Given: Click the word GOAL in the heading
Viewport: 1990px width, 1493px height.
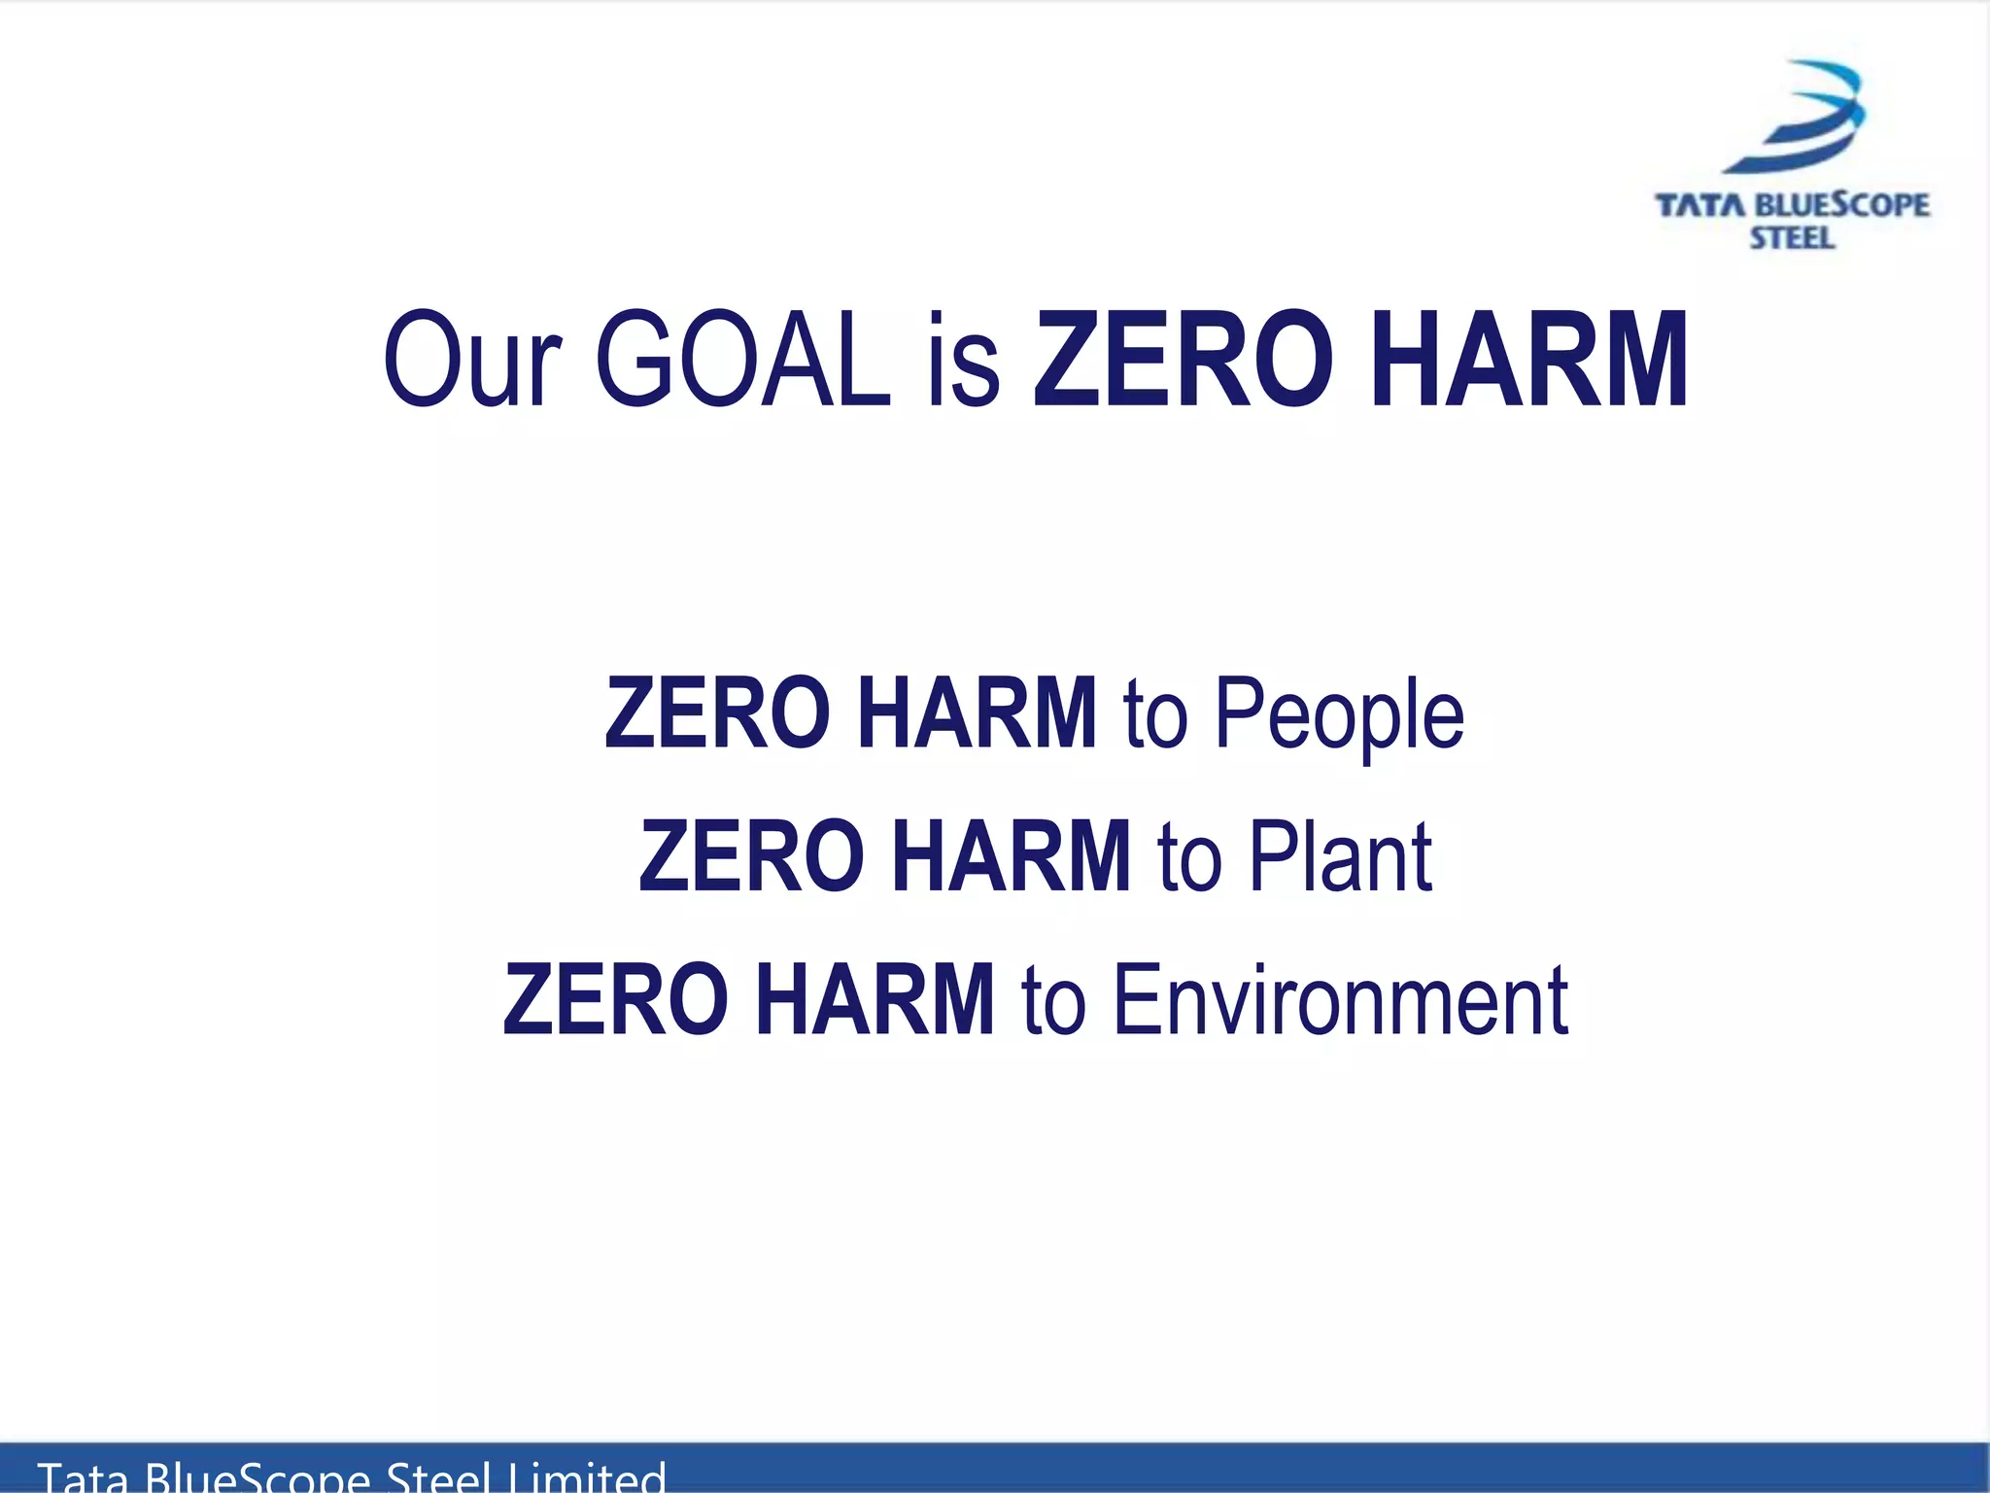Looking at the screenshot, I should pyautogui.click(x=742, y=360).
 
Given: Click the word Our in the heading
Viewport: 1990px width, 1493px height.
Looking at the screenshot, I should pyautogui.click(x=473, y=360).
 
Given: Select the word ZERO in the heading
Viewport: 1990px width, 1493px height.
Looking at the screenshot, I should pyautogui.click(x=1183, y=360).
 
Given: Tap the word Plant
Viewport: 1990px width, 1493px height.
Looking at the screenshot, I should pyautogui.click(x=1340, y=856).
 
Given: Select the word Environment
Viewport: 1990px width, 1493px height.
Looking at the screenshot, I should pyautogui.click(x=1340, y=999).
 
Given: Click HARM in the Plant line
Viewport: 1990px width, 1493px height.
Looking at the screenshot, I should pyautogui.click(x=1011, y=856).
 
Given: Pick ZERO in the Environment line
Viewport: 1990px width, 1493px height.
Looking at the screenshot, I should pyautogui.click(x=615, y=999).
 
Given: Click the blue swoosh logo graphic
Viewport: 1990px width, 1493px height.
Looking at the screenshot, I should pyautogui.click(x=1799, y=117).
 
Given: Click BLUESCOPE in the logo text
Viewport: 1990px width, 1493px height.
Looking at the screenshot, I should pyautogui.click(x=1843, y=206).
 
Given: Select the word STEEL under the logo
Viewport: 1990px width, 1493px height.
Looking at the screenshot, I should pyautogui.click(x=1792, y=238).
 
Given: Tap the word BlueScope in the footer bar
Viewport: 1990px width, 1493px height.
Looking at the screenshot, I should pyautogui.click(x=257, y=1477).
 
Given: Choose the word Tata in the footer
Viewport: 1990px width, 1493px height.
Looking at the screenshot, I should pyautogui.click(x=83, y=1477).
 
